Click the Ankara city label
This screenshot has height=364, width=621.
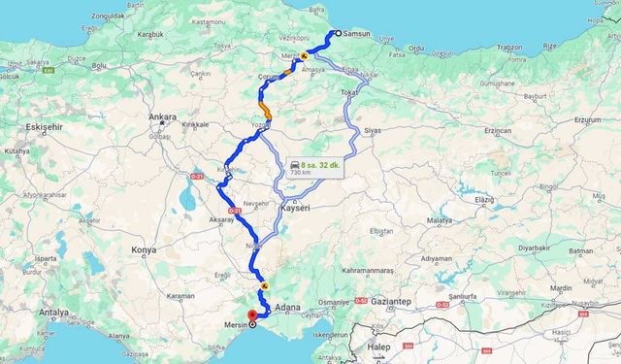point(163,116)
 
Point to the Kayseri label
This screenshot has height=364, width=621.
point(294,209)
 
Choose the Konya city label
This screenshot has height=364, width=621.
point(144,249)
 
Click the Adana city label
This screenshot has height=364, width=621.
point(287,307)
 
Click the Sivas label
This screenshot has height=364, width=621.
point(373,128)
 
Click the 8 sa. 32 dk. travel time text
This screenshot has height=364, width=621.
point(321,165)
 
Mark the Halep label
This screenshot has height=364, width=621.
point(378,346)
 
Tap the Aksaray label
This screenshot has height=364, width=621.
point(221,221)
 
